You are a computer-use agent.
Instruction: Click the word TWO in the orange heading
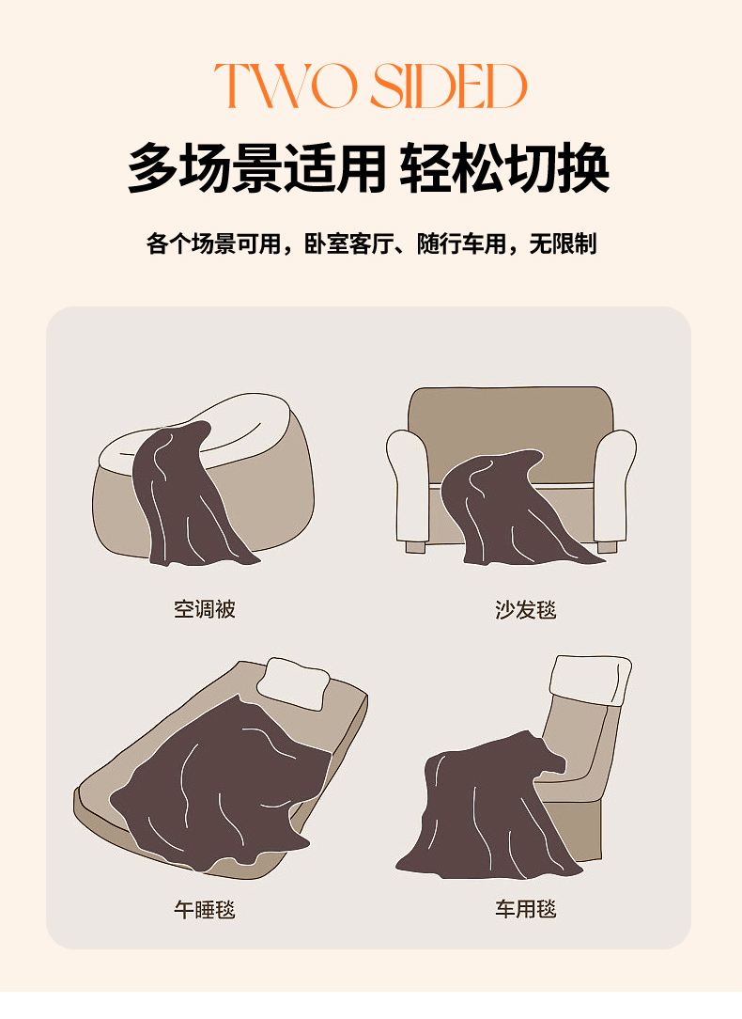point(286,86)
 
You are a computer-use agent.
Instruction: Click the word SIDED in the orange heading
point(449,86)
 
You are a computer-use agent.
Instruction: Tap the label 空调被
point(204,609)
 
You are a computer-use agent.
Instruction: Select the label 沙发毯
point(525,609)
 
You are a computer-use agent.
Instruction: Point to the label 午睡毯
point(204,908)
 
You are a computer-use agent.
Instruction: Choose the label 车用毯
point(525,908)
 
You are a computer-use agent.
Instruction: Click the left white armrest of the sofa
point(408,484)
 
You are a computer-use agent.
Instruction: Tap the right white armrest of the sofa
point(615,484)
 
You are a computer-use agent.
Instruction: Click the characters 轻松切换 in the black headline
point(504,167)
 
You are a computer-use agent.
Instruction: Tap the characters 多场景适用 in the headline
point(257,167)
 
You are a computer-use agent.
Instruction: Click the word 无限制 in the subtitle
point(563,243)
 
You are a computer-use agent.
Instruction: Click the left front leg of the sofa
point(415,547)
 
